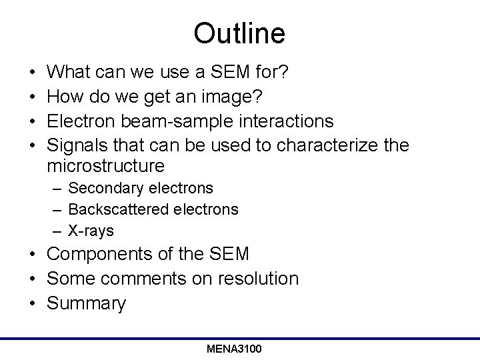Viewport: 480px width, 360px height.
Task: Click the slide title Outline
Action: (x=239, y=33)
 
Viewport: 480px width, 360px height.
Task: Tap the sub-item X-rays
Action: (x=91, y=231)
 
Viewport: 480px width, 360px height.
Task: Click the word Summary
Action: (x=87, y=304)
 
